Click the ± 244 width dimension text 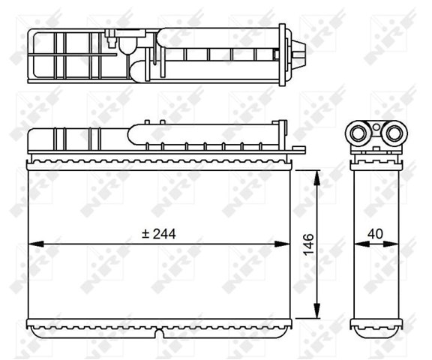(159, 234)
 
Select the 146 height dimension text (309, 244)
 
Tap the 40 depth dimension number (375, 234)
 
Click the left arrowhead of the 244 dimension (36, 244)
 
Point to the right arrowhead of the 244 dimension (282, 244)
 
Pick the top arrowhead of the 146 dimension (317, 178)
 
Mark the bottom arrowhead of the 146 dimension (317, 310)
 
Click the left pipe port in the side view (358, 133)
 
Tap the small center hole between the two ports (376, 127)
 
